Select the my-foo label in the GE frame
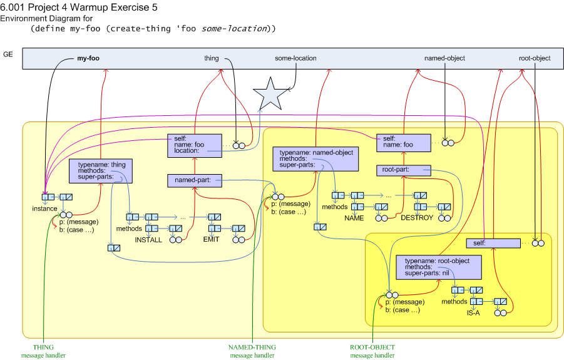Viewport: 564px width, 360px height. pos(88,58)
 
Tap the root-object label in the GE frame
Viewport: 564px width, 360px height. pos(535,58)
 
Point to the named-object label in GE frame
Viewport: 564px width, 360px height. pos(444,58)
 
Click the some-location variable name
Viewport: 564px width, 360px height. pos(295,58)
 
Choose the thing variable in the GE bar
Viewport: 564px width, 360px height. pos(212,58)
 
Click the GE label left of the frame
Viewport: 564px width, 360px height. pos(8,55)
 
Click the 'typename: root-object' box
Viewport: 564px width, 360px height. pos(439,267)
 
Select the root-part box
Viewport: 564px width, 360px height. pos(404,170)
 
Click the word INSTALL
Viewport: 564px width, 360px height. pos(148,240)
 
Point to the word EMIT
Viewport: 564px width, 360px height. pos(211,239)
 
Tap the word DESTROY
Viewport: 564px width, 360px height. pos(417,218)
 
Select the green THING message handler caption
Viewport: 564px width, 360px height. pos(43,351)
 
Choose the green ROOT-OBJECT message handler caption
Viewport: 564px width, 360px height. pos(372,351)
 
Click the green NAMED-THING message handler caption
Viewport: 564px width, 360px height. pos(252,351)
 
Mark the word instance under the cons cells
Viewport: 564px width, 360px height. pos(44,208)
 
